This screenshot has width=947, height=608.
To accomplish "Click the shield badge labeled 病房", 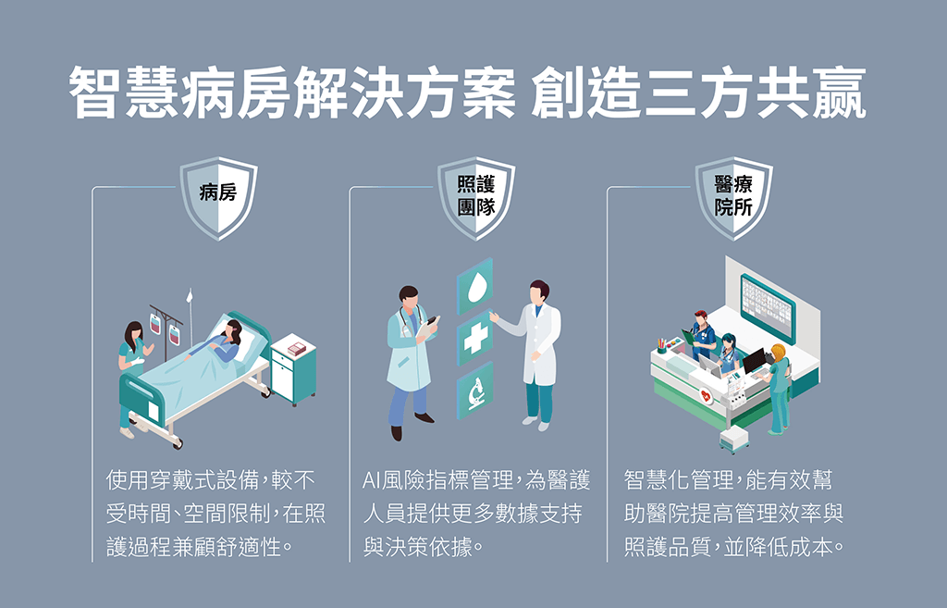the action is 218,198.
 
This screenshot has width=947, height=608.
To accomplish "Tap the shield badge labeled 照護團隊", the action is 476,198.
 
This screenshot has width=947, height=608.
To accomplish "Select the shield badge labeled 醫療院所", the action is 733,198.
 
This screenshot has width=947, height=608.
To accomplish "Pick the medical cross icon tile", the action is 474,338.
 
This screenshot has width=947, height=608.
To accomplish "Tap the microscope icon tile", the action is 474,391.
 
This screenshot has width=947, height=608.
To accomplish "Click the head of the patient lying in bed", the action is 233,330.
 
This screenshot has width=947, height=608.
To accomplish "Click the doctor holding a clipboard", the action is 412,363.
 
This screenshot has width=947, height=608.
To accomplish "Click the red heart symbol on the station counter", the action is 706,395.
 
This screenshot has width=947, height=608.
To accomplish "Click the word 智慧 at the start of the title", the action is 125,92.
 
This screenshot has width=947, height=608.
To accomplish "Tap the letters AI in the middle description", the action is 372,480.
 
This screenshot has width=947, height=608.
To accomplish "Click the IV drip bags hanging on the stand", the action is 165,329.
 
